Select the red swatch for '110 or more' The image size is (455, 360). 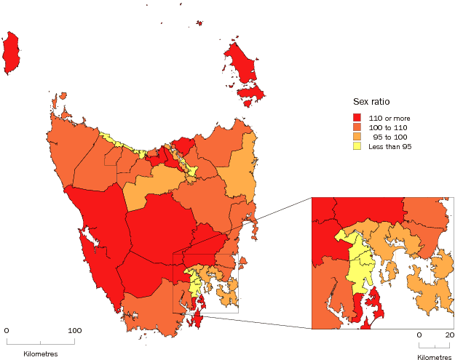[x=357, y=117]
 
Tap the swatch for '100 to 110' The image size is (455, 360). [x=357, y=127]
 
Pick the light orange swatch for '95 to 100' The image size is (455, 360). [x=357, y=136]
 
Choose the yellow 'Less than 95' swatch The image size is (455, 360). [x=357, y=145]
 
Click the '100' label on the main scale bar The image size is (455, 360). [x=74, y=330]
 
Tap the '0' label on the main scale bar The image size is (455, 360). [x=7, y=330]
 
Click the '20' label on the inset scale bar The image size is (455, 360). [x=450, y=335]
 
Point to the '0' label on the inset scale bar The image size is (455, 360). [x=419, y=335]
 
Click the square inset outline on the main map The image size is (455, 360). [x=173, y=284]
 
